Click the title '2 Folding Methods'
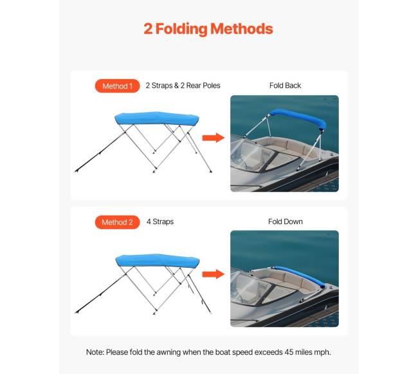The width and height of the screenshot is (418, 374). (208, 29)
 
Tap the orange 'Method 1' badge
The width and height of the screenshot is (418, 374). (117, 86)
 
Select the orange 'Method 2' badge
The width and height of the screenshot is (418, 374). (117, 222)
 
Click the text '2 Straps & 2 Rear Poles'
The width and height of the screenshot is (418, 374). (183, 86)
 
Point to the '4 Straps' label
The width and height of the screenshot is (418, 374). (160, 221)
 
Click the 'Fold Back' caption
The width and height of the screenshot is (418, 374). (285, 86)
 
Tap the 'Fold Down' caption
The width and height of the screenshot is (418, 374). (286, 221)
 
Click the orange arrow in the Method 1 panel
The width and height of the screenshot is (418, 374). (214, 138)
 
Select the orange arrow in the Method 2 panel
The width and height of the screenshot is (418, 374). (214, 274)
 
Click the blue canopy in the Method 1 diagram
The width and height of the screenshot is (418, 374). (157, 118)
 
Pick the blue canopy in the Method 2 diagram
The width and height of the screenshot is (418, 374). (158, 260)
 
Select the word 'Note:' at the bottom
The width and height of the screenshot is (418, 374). (95, 352)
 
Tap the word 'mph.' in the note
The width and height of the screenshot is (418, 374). (322, 353)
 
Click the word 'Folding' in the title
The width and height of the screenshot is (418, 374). (181, 29)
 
